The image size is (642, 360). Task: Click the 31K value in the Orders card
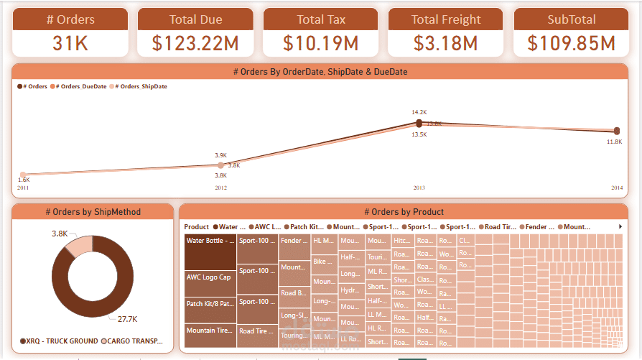click(70, 43)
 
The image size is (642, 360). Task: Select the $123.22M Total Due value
click(195, 43)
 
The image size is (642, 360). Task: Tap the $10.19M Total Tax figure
click(320, 43)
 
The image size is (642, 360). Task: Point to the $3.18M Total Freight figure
click(445, 43)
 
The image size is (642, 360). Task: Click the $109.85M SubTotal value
click(571, 43)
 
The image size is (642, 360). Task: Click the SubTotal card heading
click(571, 19)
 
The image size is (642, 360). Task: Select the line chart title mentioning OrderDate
click(320, 72)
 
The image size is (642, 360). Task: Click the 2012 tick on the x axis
click(220, 188)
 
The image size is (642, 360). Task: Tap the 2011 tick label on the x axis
click(23, 188)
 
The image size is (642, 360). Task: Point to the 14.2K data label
click(419, 112)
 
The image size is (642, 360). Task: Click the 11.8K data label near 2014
click(614, 142)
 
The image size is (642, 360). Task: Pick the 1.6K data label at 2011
click(24, 180)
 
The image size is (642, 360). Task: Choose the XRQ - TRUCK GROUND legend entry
click(60, 341)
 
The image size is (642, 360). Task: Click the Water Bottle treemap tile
click(210, 251)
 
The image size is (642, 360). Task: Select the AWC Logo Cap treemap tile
click(210, 282)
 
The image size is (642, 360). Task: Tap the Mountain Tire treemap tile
click(210, 333)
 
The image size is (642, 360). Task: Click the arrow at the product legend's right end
click(620, 227)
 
